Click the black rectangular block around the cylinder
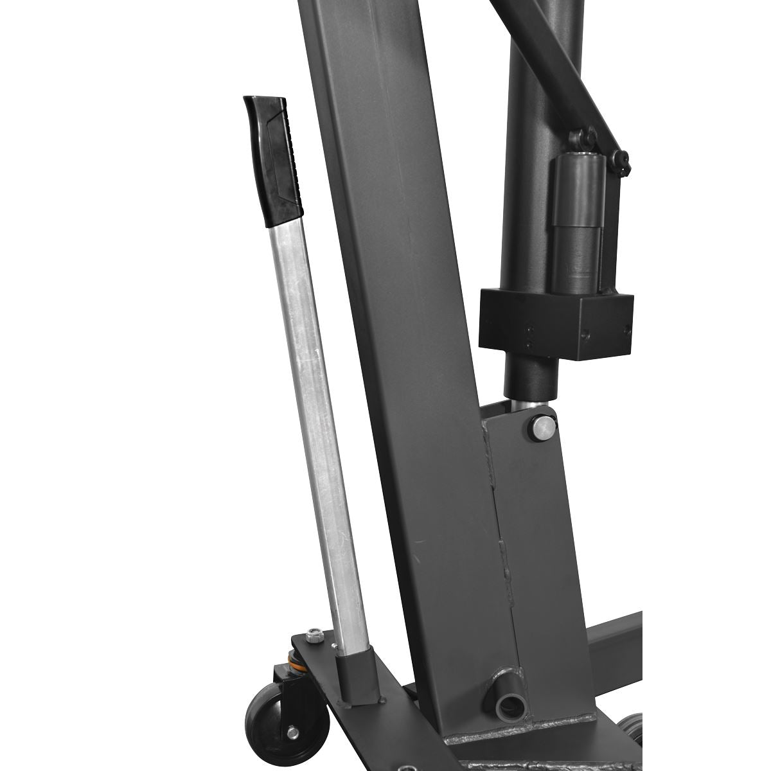556,321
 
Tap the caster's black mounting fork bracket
283,681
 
